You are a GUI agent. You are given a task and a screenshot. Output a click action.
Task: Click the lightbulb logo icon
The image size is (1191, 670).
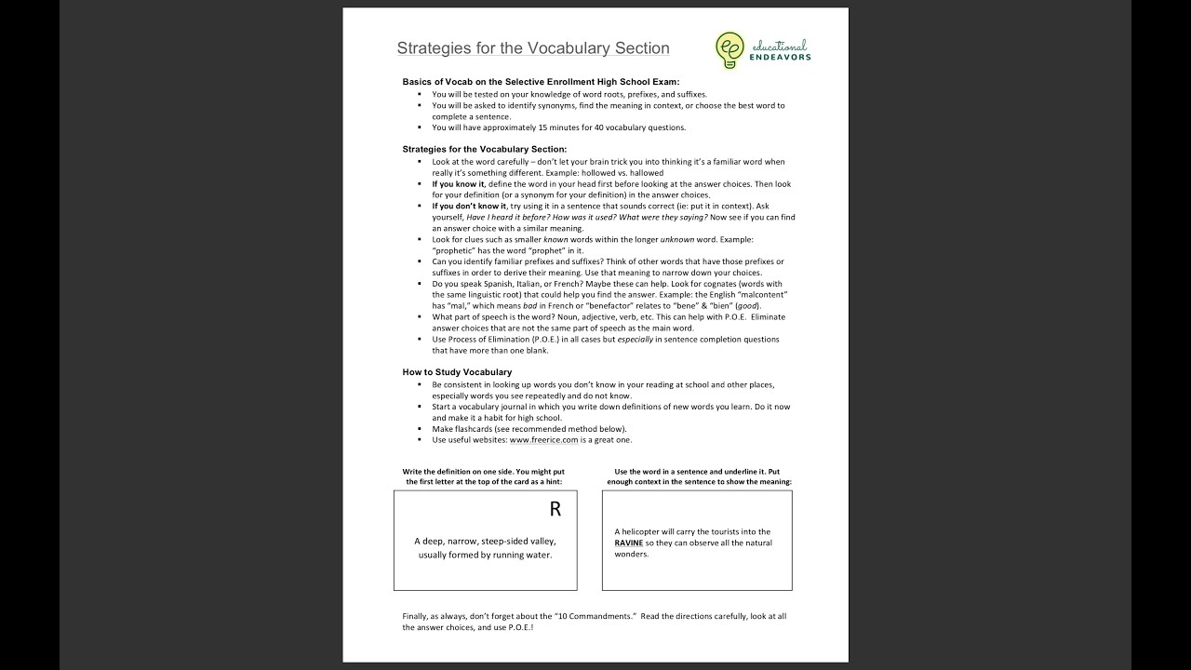pos(729,49)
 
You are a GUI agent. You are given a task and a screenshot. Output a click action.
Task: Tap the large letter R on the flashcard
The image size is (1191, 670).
pos(555,509)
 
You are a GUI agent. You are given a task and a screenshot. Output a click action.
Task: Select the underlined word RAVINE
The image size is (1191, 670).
pos(629,543)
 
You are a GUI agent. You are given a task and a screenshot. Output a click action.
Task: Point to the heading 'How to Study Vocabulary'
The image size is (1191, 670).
pos(457,372)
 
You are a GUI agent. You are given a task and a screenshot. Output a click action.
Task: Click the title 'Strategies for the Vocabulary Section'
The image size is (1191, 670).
pos(532,48)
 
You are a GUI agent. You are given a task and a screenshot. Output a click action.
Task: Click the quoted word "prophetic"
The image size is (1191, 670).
pos(453,250)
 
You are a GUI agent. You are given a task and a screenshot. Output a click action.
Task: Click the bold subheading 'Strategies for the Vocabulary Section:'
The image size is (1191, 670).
pos(484,149)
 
